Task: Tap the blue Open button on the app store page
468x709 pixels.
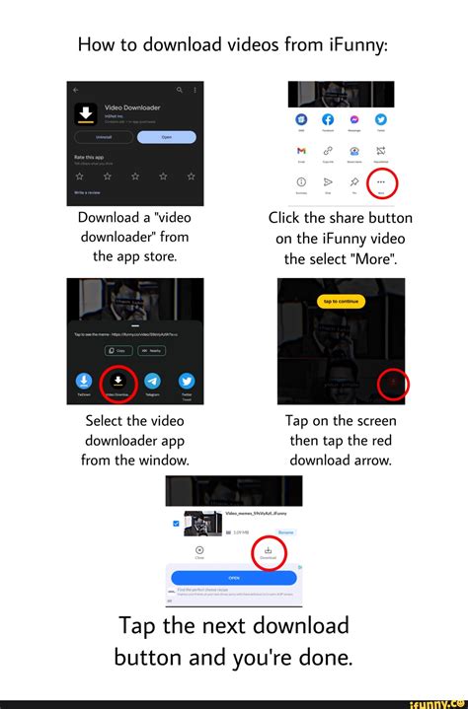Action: click(x=165, y=137)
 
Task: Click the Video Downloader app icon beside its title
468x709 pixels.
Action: click(x=84, y=112)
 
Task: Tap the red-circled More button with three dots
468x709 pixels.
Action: click(x=381, y=182)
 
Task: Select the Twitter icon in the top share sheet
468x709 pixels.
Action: click(x=381, y=120)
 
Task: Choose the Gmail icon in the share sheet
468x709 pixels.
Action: click(x=300, y=150)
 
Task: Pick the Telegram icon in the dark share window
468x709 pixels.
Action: click(x=152, y=382)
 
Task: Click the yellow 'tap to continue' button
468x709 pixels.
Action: click(x=341, y=301)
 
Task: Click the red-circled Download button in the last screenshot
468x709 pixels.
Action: click(x=268, y=552)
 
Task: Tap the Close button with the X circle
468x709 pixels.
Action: click(x=199, y=552)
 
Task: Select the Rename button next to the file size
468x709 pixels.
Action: click(x=285, y=532)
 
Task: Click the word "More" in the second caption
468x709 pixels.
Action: click(x=365, y=260)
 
